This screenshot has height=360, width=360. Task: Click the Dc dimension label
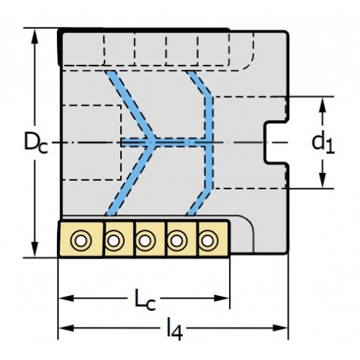tap(36, 143)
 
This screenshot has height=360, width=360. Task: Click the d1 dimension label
tap(323, 143)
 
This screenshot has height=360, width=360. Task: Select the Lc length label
tap(145, 300)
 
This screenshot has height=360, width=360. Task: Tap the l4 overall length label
tap(175, 328)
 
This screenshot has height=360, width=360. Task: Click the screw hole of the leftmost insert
tap(81, 240)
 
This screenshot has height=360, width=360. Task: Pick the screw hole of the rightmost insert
tap(208, 240)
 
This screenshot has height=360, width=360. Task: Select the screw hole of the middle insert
tap(145, 240)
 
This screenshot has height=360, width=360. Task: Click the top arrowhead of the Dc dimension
tap(35, 36)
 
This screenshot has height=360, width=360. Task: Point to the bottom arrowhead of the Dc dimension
tap(35, 250)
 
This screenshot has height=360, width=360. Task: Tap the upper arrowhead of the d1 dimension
tap(323, 104)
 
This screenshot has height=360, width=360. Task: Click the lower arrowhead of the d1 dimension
tap(323, 181)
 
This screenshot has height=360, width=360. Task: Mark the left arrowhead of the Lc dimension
tap(66, 298)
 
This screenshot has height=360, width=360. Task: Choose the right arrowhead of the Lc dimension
tap(222, 298)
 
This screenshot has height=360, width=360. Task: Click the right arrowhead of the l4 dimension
tap(280, 328)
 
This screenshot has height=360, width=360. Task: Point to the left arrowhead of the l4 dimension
tap(66, 328)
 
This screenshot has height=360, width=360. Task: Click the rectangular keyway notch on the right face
tap(276, 143)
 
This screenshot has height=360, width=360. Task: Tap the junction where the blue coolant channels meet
tap(153, 143)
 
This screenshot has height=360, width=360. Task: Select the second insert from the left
tap(120, 240)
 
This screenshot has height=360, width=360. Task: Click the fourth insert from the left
tap(181, 240)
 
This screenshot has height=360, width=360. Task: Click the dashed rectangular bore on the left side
tap(121, 143)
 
